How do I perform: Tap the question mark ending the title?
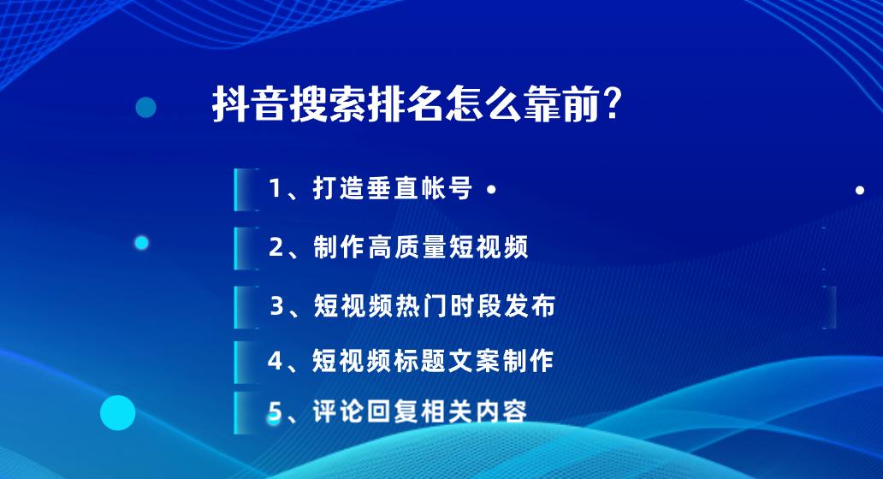tap(613, 106)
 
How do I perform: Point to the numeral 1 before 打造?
tap(276, 189)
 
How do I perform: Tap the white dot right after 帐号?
tap(490, 191)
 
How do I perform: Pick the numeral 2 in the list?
tap(276, 247)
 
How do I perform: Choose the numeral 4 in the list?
tap(276, 360)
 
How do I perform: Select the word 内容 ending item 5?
tap(501, 411)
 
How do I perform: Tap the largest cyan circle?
tap(118, 413)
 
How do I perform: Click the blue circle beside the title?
tap(146, 107)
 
